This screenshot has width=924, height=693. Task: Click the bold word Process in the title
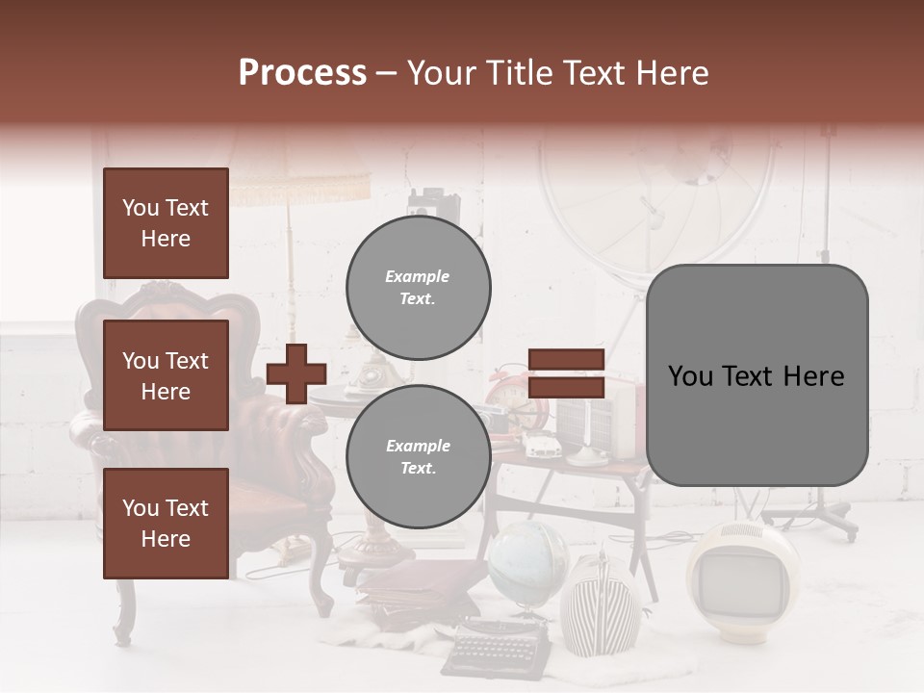(x=302, y=73)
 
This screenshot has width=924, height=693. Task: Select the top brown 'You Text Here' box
(x=166, y=223)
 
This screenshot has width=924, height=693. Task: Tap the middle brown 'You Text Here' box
(x=166, y=375)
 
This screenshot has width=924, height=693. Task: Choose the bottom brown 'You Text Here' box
(x=166, y=524)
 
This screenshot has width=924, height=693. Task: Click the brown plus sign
(x=296, y=374)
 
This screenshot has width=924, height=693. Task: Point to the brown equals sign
(x=566, y=374)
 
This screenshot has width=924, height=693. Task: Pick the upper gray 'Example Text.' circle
(x=418, y=287)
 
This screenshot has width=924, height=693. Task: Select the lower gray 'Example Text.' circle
(x=418, y=456)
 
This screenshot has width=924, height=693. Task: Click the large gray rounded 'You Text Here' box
(x=757, y=375)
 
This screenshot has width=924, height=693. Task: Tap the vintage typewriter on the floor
(x=497, y=645)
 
